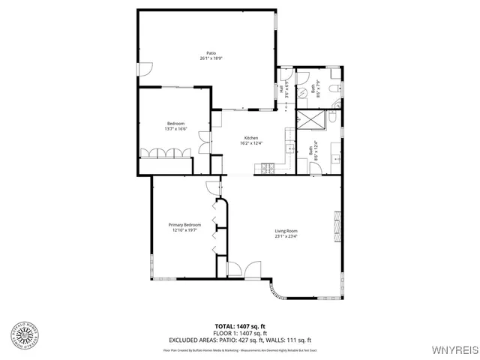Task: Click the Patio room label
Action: click(x=212, y=52)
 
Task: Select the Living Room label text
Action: click(x=286, y=230)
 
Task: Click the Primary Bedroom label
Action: click(x=184, y=225)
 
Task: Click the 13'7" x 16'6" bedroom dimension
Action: click(x=175, y=129)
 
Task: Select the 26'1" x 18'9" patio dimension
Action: click(x=212, y=58)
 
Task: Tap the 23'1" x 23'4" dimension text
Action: click(x=286, y=236)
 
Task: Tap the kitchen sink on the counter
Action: click(x=289, y=145)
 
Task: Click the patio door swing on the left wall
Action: click(x=146, y=69)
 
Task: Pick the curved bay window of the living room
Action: click(x=275, y=292)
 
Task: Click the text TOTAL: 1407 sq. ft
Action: click(x=239, y=325)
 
